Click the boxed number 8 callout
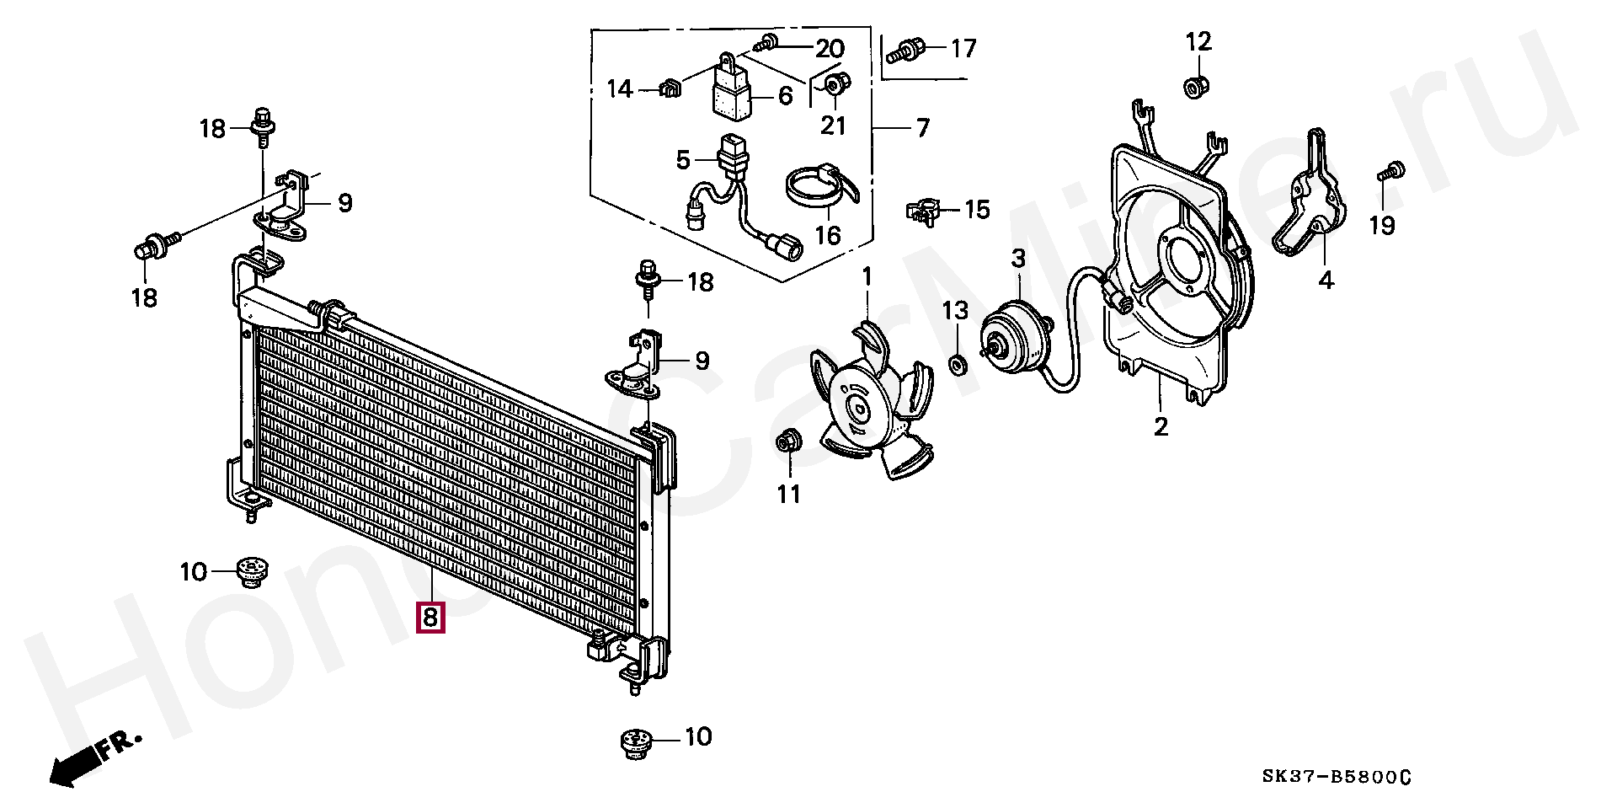[x=430, y=618]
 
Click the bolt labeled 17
[x=906, y=50]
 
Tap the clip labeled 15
[x=923, y=211]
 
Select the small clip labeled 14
[x=670, y=88]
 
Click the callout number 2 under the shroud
[x=1161, y=426]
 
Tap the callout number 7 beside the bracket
[x=922, y=128]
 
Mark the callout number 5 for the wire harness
[x=682, y=158]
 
